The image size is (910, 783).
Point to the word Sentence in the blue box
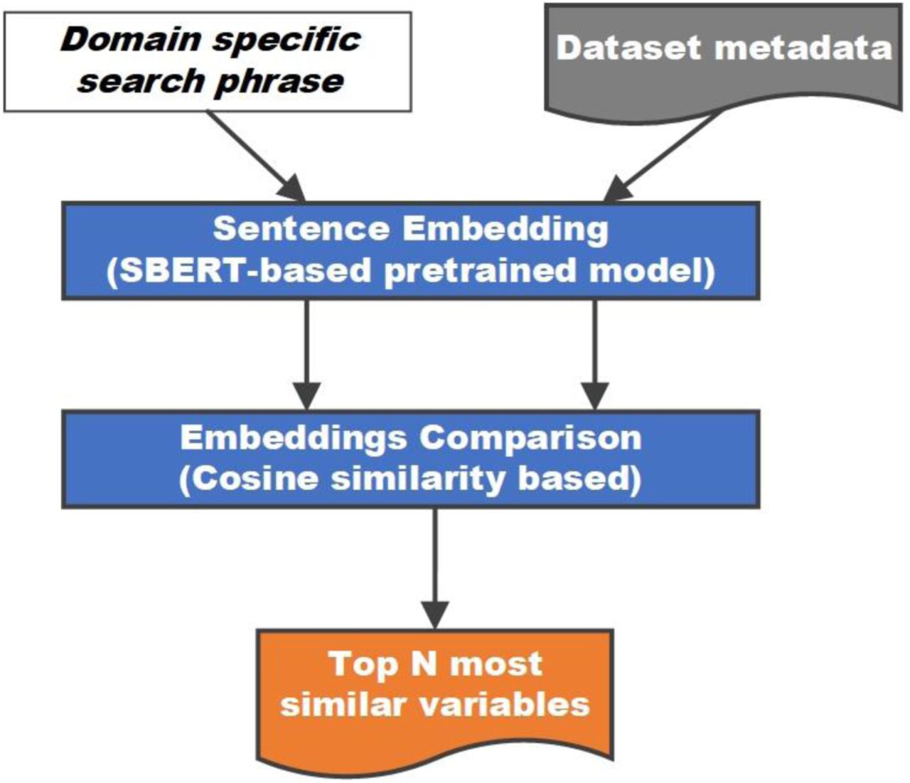click(x=301, y=228)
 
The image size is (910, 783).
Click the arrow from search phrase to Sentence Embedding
click(x=255, y=156)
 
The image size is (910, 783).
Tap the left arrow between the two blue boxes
click(x=306, y=354)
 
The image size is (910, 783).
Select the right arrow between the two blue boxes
click(x=595, y=354)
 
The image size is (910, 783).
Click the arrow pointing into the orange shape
click(x=435, y=568)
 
